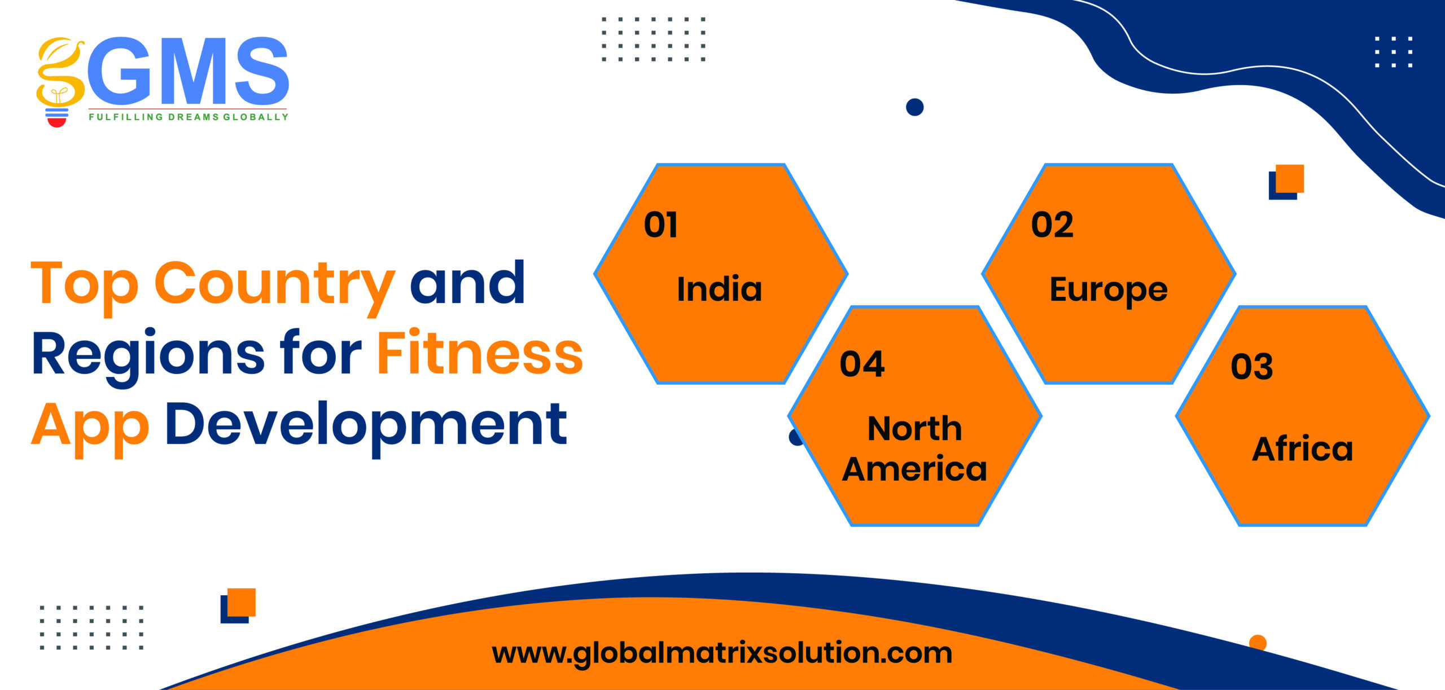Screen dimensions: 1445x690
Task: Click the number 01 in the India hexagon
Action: coord(660,225)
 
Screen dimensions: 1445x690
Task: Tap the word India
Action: coord(720,289)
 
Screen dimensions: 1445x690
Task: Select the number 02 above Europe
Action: coord(1052,225)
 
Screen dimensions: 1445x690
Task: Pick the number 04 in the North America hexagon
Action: coord(862,364)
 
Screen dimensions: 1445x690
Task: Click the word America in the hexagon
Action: coord(914,469)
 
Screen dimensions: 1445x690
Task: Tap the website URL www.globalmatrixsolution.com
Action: coord(722,653)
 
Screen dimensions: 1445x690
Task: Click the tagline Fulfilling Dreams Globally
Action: coord(189,117)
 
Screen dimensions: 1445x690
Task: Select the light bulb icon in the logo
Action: coord(58,82)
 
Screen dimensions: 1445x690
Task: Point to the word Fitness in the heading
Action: coord(480,353)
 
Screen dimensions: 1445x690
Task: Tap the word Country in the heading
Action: coord(274,287)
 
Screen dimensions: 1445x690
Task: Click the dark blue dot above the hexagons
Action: coord(914,107)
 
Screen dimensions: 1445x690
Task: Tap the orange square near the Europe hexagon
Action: coord(1290,179)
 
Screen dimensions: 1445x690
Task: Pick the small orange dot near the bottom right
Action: coord(1258,642)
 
